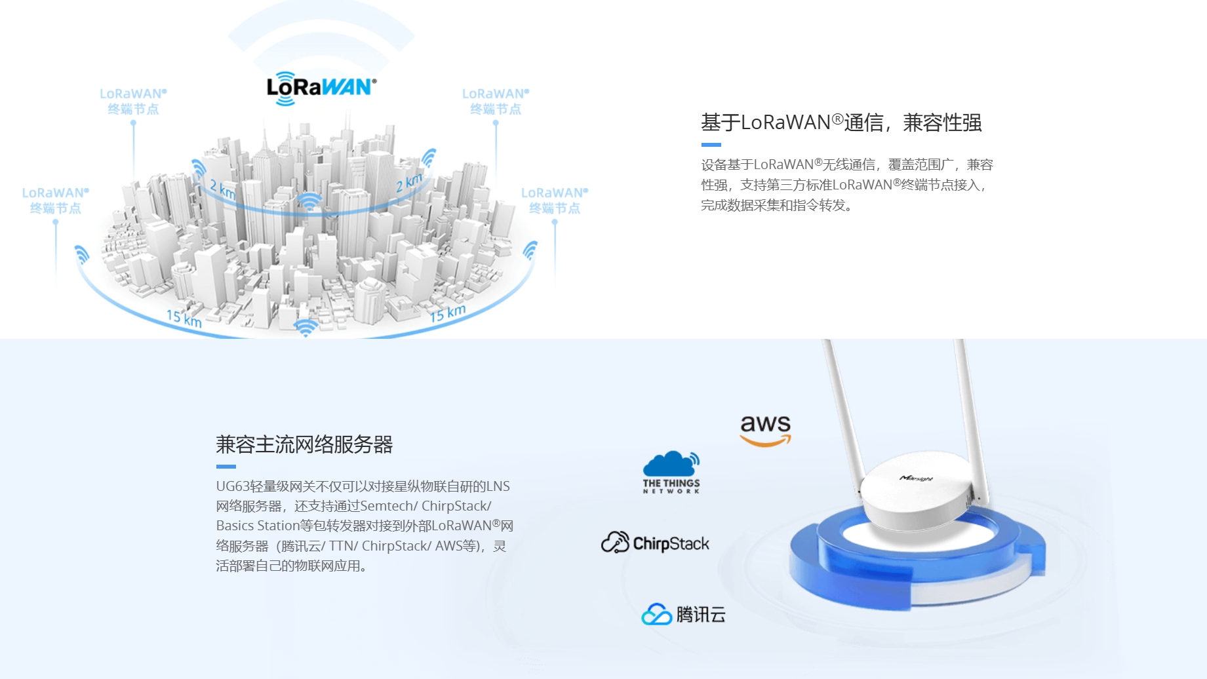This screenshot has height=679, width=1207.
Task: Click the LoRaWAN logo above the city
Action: (x=321, y=88)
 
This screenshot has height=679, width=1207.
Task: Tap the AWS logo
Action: (x=765, y=430)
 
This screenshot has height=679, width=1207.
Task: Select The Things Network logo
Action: (x=671, y=472)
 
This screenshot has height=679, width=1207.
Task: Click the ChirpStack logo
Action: (x=655, y=543)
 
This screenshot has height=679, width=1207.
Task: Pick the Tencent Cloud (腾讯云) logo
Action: (x=683, y=614)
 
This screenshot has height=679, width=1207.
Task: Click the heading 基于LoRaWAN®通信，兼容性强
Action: (x=841, y=123)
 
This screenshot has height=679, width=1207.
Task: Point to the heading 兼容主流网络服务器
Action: (x=304, y=444)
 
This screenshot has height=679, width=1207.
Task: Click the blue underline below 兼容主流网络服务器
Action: (x=226, y=467)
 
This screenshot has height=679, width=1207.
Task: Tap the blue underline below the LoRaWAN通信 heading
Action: (x=711, y=145)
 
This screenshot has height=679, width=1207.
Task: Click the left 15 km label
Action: (x=184, y=319)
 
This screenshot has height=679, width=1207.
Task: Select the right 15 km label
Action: (x=448, y=313)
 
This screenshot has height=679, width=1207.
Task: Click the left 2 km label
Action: (x=222, y=189)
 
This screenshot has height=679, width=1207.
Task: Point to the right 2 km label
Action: (x=410, y=182)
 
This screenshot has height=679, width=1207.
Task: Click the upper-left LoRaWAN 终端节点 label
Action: (x=133, y=101)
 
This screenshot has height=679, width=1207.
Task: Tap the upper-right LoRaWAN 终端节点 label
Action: (x=496, y=101)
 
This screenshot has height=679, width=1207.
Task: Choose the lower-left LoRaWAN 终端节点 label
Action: (x=55, y=200)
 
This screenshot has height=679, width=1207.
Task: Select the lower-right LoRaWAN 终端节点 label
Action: (x=555, y=200)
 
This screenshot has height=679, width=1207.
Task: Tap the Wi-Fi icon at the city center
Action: (x=309, y=201)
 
